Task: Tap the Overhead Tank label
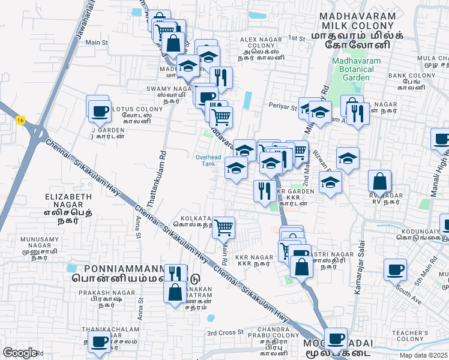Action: [208, 160]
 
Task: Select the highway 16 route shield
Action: [21, 121]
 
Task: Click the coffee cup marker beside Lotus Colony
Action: [99, 111]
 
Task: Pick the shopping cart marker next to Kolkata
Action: [223, 227]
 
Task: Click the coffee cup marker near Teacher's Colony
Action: [336, 338]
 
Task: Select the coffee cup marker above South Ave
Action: [395, 270]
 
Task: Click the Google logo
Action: [20, 353]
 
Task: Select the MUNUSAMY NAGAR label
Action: [24, 242]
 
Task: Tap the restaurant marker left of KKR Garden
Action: [264, 191]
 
